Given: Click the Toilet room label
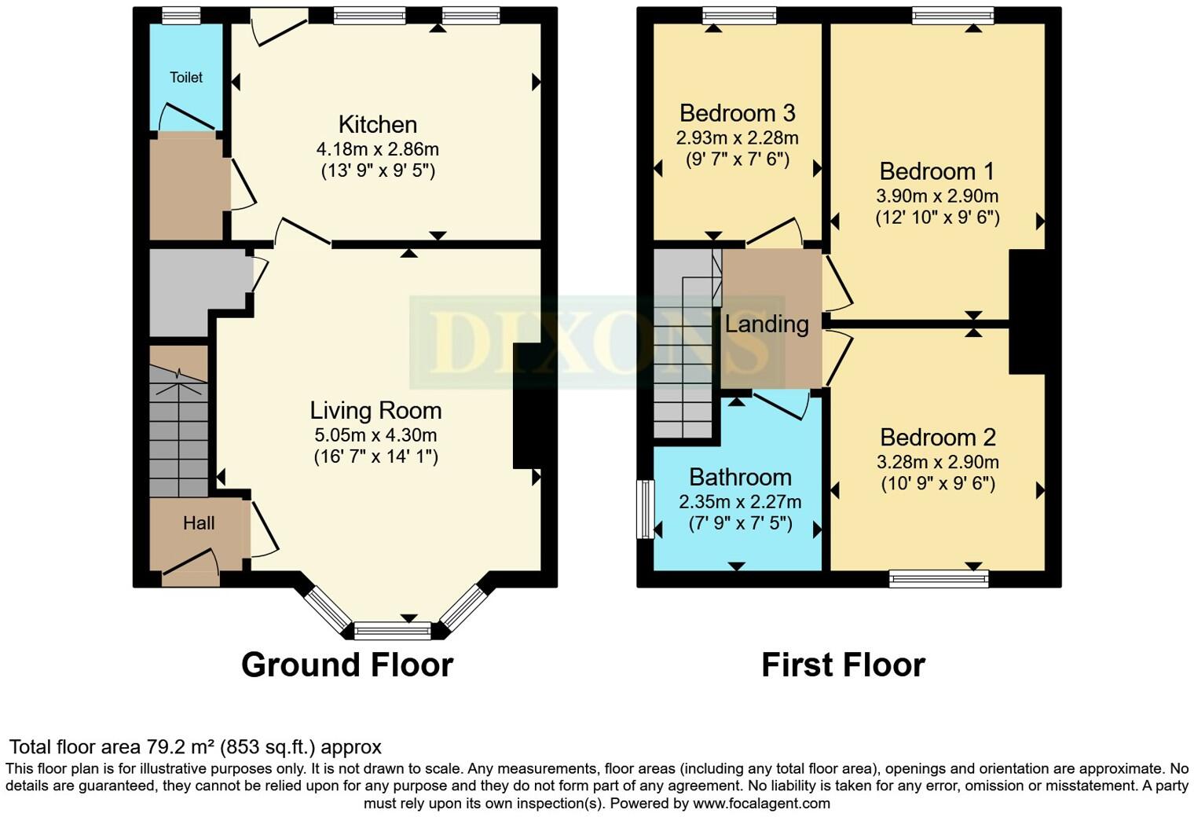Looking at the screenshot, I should (186, 77).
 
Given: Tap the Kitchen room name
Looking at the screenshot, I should (377, 124).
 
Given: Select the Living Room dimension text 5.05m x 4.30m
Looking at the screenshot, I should (375, 434).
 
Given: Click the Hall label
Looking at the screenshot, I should (199, 523).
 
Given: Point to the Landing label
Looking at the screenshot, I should (767, 324).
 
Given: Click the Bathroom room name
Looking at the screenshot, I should (740, 477).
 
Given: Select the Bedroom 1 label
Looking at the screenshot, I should (936, 170).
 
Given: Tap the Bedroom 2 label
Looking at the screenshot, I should (938, 437).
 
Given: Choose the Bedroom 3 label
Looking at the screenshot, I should (737, 113).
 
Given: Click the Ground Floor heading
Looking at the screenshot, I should (347, 665).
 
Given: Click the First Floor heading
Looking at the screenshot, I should (843, 665).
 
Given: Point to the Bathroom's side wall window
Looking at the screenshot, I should (645, 509).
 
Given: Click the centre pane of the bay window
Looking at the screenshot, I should (393, 630).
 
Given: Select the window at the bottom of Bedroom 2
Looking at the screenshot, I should (939, 579).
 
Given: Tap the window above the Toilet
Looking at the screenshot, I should (181, 15).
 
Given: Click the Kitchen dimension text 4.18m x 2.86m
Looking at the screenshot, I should (377, 148).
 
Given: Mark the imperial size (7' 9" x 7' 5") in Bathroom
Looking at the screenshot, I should (740, 523).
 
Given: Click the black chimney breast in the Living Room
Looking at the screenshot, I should (527, 406).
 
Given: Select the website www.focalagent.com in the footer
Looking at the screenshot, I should (761, 803).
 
